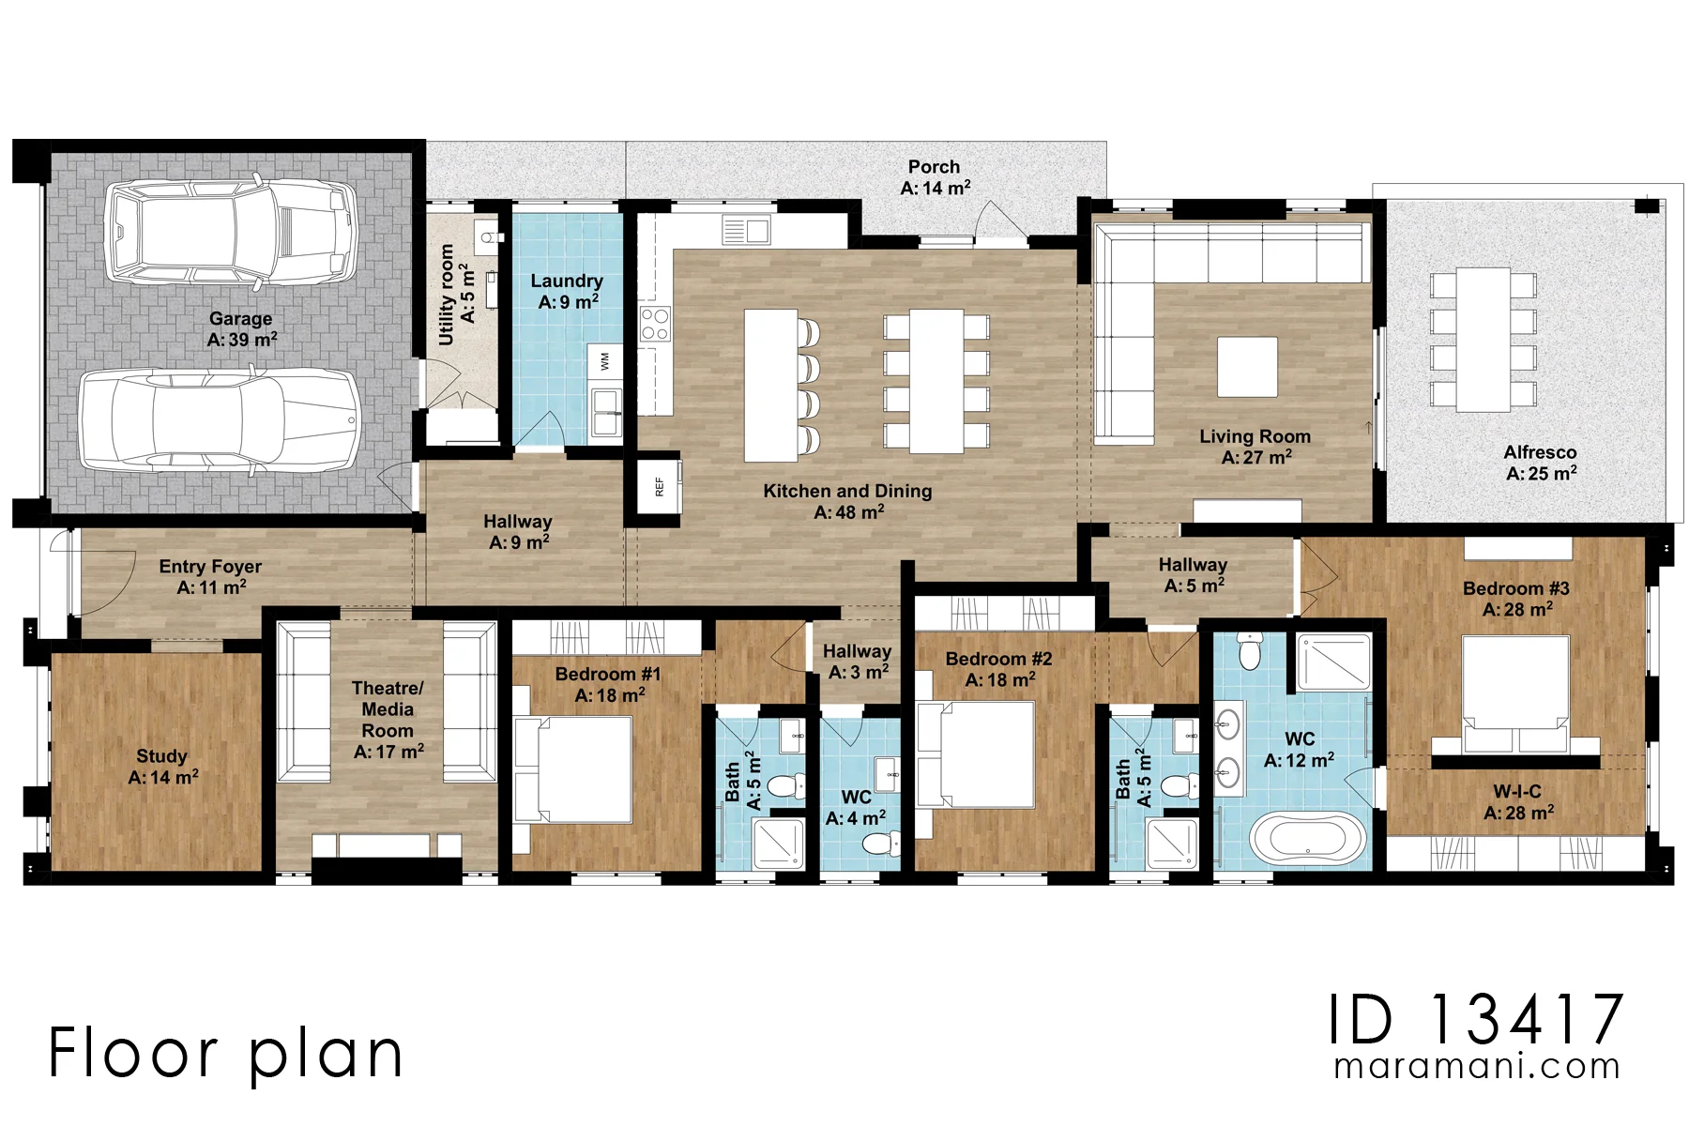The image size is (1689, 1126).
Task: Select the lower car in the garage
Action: pos(220,419)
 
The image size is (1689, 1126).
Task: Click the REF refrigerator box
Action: pos(659,485)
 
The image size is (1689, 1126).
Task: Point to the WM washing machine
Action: pos(605,361)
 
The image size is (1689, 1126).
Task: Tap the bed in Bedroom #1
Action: pos(573,769)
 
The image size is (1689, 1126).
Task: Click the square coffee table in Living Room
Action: pos(1247,367)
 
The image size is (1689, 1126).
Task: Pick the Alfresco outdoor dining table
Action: pos(1484,340)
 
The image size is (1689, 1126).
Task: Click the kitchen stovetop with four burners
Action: pos(654,324)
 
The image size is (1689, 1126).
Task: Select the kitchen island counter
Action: pos(771,386)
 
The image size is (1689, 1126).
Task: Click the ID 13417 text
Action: pos(1476,1020)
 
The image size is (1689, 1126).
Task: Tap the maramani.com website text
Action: pos(1477,1067)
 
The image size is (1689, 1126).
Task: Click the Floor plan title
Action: pos(225,1052)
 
